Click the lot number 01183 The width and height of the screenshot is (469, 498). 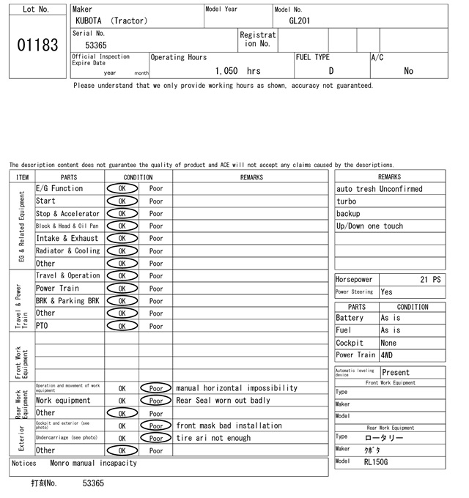[x=37, y=45]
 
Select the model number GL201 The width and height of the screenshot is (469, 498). [x=299, y=21]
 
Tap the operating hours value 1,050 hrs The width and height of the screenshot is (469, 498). [x=238, y=71]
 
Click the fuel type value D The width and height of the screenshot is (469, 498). [x=331, y=71]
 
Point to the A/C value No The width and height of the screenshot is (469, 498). [x=408, y=71]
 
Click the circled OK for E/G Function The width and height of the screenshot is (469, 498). [x=122, y=189]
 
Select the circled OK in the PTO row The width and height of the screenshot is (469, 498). [x=122, y=326]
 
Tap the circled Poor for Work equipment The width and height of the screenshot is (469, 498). [x=155, y=401]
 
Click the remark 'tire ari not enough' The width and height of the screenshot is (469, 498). [x=213, y=438]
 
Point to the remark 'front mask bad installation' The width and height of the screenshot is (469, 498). [x=229, y=425]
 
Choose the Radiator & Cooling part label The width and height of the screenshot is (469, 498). [x=67, y=251]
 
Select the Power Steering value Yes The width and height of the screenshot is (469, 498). [x=387, y=291]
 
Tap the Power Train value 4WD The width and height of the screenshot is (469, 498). [x=387, y=355]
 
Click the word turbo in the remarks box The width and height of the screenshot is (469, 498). [x=347, y=201]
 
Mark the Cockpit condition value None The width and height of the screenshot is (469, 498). [x=388, y=343]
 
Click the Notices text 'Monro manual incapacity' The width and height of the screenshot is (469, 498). [x=93, y=463]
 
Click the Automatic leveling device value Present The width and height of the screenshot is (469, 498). [x=396, y=372]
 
